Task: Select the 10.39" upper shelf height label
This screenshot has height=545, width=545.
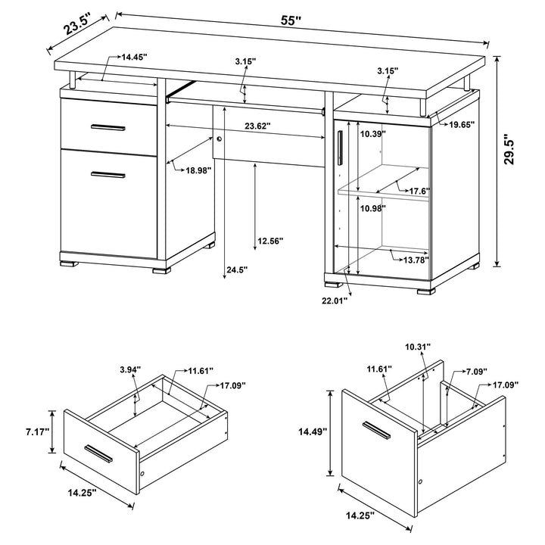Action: pyautogui.click(x=372, y=134)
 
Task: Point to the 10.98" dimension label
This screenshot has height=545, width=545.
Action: pyautogui.click(x=372, y=208)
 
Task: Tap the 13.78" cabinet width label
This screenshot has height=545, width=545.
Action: pyautogui.click(x=411, y=260)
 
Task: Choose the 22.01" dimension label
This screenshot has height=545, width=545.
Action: pyautogui.click(x=334, y=301)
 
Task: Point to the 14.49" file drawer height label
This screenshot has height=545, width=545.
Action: pyautogui.click(x=312, y=431)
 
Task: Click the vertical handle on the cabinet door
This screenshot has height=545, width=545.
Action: pyautogui.click(x=341, y=146)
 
